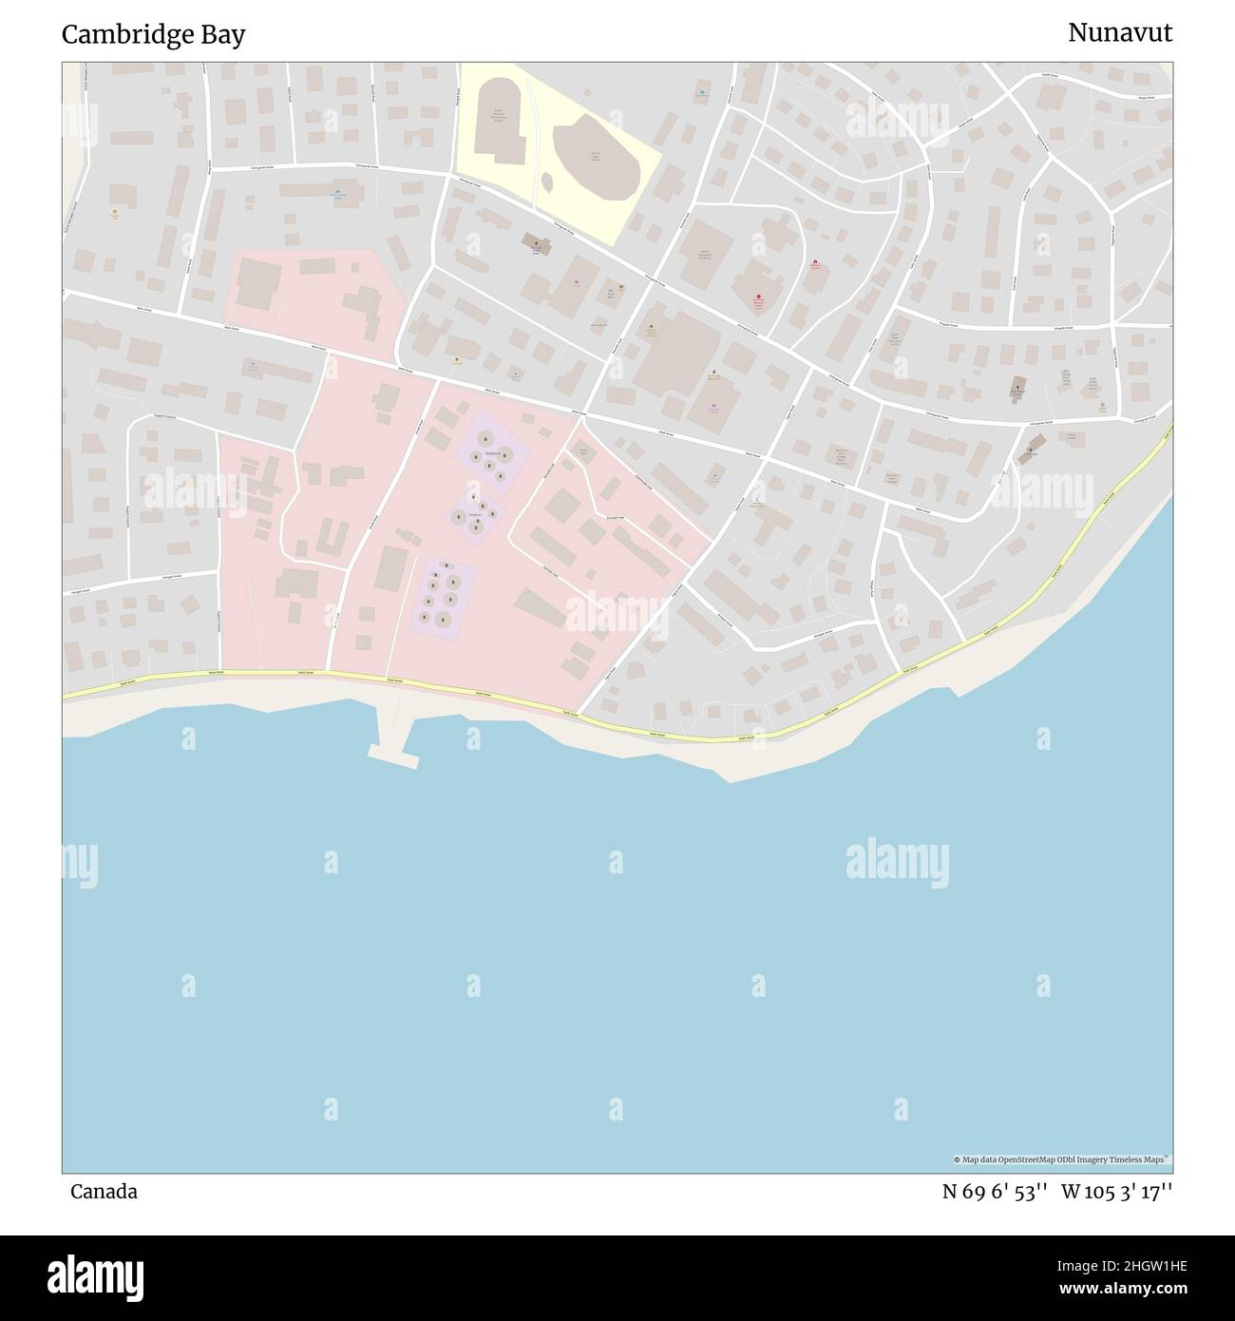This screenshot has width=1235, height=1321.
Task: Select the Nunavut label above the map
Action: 1119,33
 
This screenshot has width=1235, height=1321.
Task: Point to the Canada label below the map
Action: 104,1192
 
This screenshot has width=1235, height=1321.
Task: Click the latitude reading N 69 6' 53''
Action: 995,1192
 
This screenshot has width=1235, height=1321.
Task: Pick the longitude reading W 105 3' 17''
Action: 1117,1192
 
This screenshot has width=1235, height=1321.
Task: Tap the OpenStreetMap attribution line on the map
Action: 1061,1159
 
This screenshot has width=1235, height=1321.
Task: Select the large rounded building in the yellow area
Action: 596,159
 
